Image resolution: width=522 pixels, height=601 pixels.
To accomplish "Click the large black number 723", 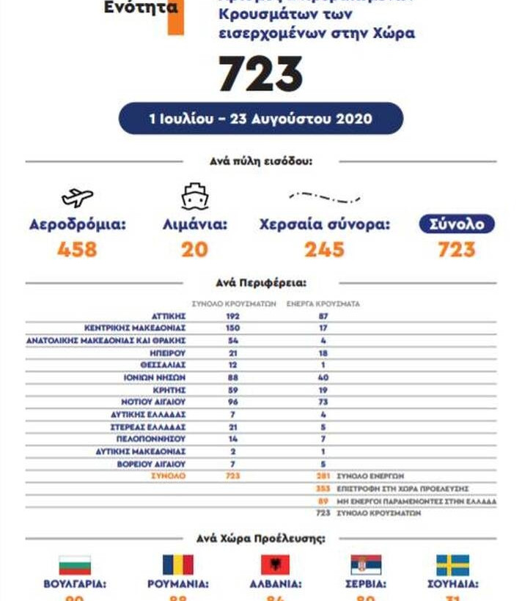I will (260, 74).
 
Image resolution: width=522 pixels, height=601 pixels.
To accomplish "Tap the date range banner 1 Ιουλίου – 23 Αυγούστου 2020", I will (260, 118).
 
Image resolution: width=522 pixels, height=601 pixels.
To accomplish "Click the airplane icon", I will (77, 197).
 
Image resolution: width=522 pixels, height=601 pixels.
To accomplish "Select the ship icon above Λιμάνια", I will (195, 196).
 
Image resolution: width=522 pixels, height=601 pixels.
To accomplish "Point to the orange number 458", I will (77, 250).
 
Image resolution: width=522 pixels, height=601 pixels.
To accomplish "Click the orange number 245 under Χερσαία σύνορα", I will (324, 250).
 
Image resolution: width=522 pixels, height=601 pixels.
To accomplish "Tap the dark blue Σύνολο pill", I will (457, 224).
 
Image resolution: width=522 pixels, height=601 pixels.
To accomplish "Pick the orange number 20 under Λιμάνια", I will (195, 250).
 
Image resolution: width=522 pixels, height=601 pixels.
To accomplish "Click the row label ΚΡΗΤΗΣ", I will (169, 390).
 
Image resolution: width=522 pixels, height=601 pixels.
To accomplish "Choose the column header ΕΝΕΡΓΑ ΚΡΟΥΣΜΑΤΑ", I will (323, 303).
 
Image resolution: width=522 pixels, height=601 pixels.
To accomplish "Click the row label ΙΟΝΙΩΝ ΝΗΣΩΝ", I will (155, 377).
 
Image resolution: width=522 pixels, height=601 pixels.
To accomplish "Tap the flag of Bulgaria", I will (75, 565).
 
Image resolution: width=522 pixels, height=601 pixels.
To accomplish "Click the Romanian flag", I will (177, 565).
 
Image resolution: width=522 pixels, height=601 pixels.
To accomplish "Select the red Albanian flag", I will (275, 565).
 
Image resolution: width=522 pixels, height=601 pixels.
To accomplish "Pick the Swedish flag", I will (452, 565).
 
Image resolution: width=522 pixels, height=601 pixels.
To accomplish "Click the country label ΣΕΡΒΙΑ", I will (365, 584).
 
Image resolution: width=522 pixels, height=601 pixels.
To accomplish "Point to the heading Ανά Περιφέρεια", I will (260, 282).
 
